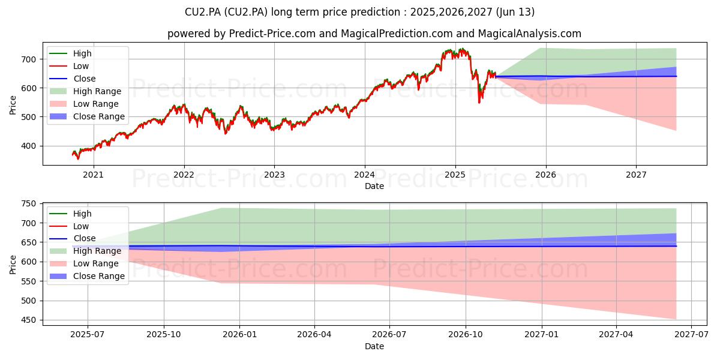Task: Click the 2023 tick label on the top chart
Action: pyautogui.click(x=274, y=175)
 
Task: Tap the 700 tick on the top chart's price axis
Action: pyautogui.click(x=29, y=59)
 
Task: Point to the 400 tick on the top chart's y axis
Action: pyautogui.click(x=29, y=146)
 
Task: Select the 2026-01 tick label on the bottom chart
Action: pyautogui.click(x=239, y=335)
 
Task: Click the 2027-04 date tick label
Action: pyautogui.click(x=616, y=335)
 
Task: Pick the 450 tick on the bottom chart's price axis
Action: pyautogui.click(x=29, y=320)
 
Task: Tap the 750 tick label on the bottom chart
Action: pyautogui.click(x=29, y=204)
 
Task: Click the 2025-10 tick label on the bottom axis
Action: pyautogui.click(x=164, y=335)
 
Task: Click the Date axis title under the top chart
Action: pyautogui.click(x=374, y=186)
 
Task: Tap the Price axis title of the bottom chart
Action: pyautogui.click(x=13, y=265)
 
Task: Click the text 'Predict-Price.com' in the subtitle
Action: pyautogui.click(x=272, y=34)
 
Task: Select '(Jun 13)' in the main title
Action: pyautogui.click(x=515, y=12)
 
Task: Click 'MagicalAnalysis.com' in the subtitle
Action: pyautogui.click(x=529, y=34)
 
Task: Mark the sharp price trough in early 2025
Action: pyautogui.click(x=479, y=103)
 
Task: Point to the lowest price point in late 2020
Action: pyautogui.click(x=78, y=159)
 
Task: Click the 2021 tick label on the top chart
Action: pyautogui.click(x=93, y=175)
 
